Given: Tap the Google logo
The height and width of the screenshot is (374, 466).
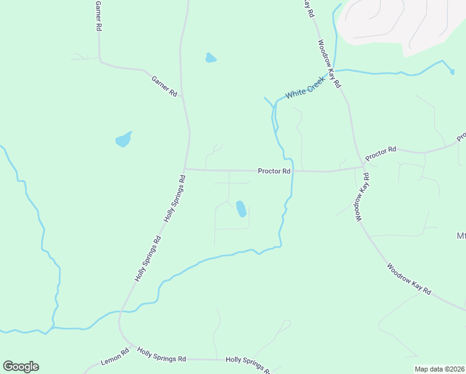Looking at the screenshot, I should (21, 367).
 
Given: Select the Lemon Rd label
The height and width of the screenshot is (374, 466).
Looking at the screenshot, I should (115, 357).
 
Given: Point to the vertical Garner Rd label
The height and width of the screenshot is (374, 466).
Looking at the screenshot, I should (98, 16).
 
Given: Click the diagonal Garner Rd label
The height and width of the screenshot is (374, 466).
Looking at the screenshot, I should (164, 85).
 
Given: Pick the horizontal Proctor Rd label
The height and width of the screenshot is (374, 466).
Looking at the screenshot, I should (274, 171).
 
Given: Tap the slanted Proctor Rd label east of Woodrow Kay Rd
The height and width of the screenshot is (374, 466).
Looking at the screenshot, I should (381, 153).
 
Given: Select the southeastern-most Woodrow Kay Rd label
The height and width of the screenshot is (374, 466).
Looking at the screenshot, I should (409, 279).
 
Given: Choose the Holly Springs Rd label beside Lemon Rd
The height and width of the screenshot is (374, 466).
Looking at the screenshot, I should (161, 356).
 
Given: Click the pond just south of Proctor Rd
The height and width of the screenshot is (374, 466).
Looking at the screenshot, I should (240, 209).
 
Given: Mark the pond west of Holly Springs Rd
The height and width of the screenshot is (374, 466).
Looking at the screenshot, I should (123, 139).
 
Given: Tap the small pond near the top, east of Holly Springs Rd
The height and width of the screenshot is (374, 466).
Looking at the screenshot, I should (211, 59).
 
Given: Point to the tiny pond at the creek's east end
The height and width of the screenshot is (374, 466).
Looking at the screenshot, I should (452, 72).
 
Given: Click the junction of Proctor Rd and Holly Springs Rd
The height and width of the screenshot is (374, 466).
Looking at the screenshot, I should (184, 168).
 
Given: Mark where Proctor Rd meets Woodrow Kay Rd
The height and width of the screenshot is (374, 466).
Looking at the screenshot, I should (362, 166).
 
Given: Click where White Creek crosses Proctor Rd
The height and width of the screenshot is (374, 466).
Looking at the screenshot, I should (292, 171).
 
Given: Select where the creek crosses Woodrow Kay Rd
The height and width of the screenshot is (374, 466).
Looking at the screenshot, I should (337, 71).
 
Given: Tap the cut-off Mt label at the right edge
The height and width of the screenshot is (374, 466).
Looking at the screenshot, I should (460, 236).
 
